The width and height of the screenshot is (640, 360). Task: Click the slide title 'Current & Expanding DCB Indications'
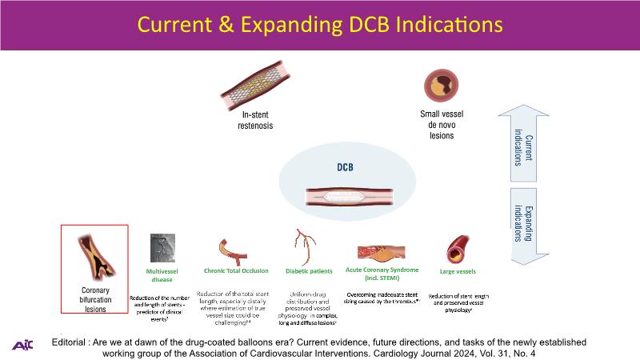(320, 25)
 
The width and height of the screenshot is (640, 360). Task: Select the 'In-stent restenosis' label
(258, 121)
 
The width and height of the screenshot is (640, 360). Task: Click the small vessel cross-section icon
(437, 85)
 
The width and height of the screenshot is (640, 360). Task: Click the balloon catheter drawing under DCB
(346, 195)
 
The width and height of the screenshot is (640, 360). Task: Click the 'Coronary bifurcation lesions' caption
(95, 299)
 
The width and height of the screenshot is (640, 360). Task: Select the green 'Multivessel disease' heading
(162, 276)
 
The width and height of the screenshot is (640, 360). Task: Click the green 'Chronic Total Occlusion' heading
(236, 271)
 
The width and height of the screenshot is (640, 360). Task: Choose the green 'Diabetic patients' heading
(309, 271)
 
